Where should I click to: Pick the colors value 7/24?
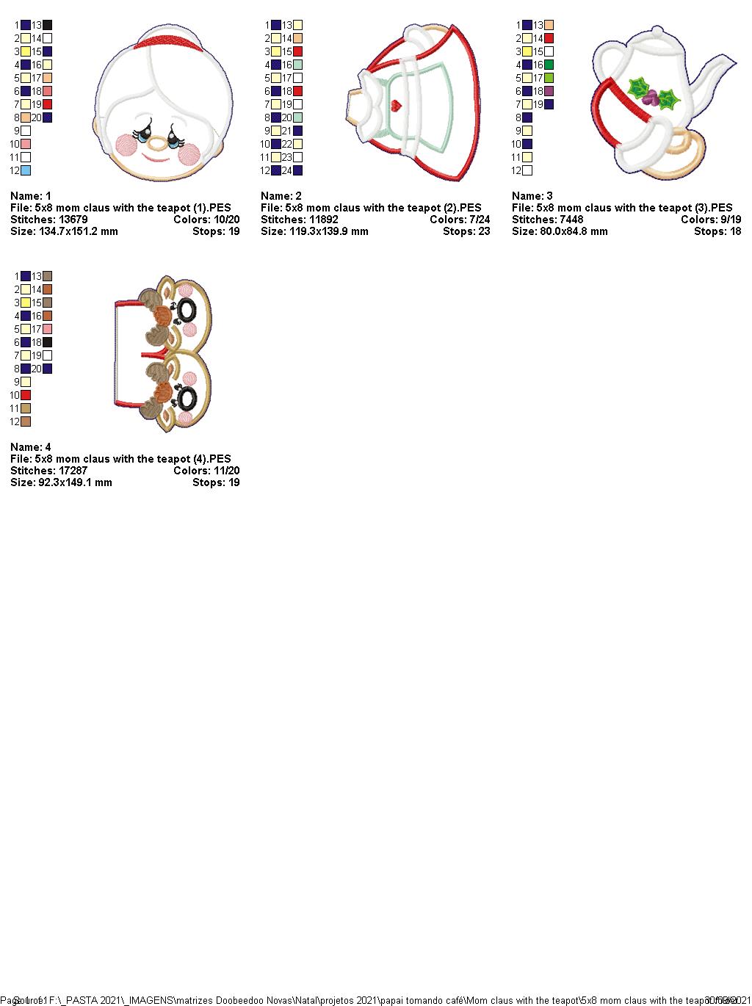click(x=476, y=220)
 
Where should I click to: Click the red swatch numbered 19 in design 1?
click(x=48, y=104)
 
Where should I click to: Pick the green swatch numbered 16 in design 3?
click(x=549, y=65)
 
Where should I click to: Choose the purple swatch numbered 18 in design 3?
click(x=549, y=91)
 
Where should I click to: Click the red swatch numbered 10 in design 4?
click(x=26, y=395)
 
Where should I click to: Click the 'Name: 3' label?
click(x=532, y=196)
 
